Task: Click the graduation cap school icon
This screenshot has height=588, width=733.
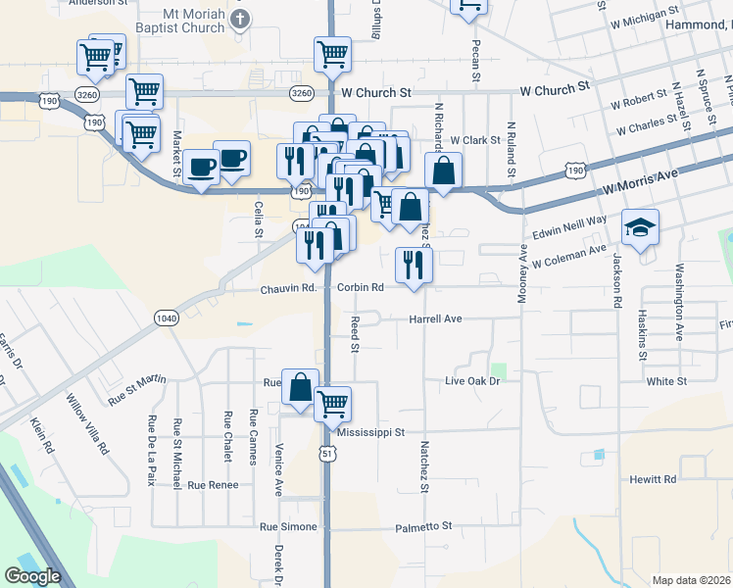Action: pyautogui.click(x=640, y=227)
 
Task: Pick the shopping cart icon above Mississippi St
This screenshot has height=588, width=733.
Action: pyautogui.click(x=333, y=402)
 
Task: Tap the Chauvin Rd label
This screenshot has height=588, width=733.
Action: pyautogui.click(x=288, y=289)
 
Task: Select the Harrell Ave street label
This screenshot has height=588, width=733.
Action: pyautogui.click(x=435, y=319)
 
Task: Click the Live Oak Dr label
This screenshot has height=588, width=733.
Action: pyautogui.click(x=472, y=380)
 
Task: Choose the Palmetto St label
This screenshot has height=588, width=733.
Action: pyautogui.click(x=423, y=526)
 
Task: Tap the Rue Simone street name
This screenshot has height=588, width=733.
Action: pyautogui.click(x=288, y=527)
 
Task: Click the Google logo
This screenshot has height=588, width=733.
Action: pyautogui.click(x=32, y=576)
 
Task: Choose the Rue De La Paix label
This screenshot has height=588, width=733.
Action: pyautogui.click(x=151, y=450)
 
